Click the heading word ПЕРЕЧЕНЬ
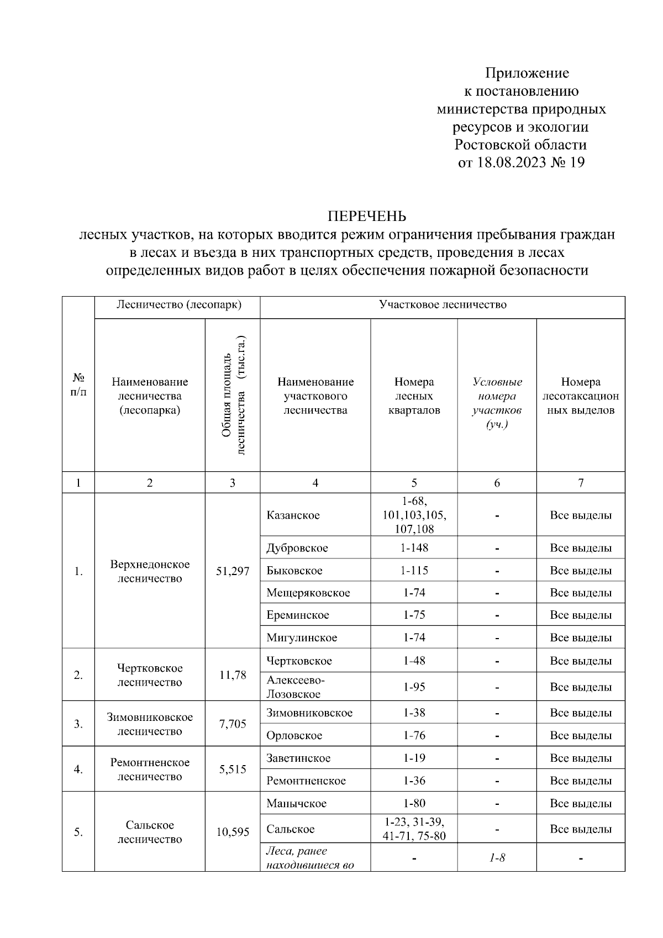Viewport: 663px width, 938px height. pyautogui.click(x=367, y=215)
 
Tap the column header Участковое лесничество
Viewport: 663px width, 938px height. pyautogui.click(x=442, y=305)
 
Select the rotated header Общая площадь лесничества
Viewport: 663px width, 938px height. pyautogui.click(x=233, y=396)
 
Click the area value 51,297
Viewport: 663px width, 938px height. pyautogui.click(x=233, y=571)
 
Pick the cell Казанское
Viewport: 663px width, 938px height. pyautogui.click(x=293, y=515)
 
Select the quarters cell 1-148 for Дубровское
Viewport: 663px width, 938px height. pyautogui.click(x=414, y=548)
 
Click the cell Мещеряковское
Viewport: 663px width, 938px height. pyautogui.click(x=308, y=593)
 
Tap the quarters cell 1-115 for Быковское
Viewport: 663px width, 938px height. pyautogui.click(x=414, y=571)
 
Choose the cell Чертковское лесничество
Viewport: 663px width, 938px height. pyautogui.click(x=150, y=675)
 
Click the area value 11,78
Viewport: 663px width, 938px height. pyautogui.click(x=233, y=675)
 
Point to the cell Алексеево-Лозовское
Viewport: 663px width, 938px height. pyautogui.click(x=296, y=687)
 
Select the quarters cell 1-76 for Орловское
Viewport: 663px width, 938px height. pyautogui.click(x=414, y=735)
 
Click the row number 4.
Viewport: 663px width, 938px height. pyautogui.click(x=78, y=770)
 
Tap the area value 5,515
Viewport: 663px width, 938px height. pyautogui.click(x=233, y=770)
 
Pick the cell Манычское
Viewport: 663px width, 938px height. pyautogui.click(x=296, y=803)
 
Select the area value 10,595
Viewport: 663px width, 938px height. pyautogui.click(x=233, y=832)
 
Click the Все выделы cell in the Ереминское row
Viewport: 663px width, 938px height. pyautogui.click(x=581, y=615)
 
